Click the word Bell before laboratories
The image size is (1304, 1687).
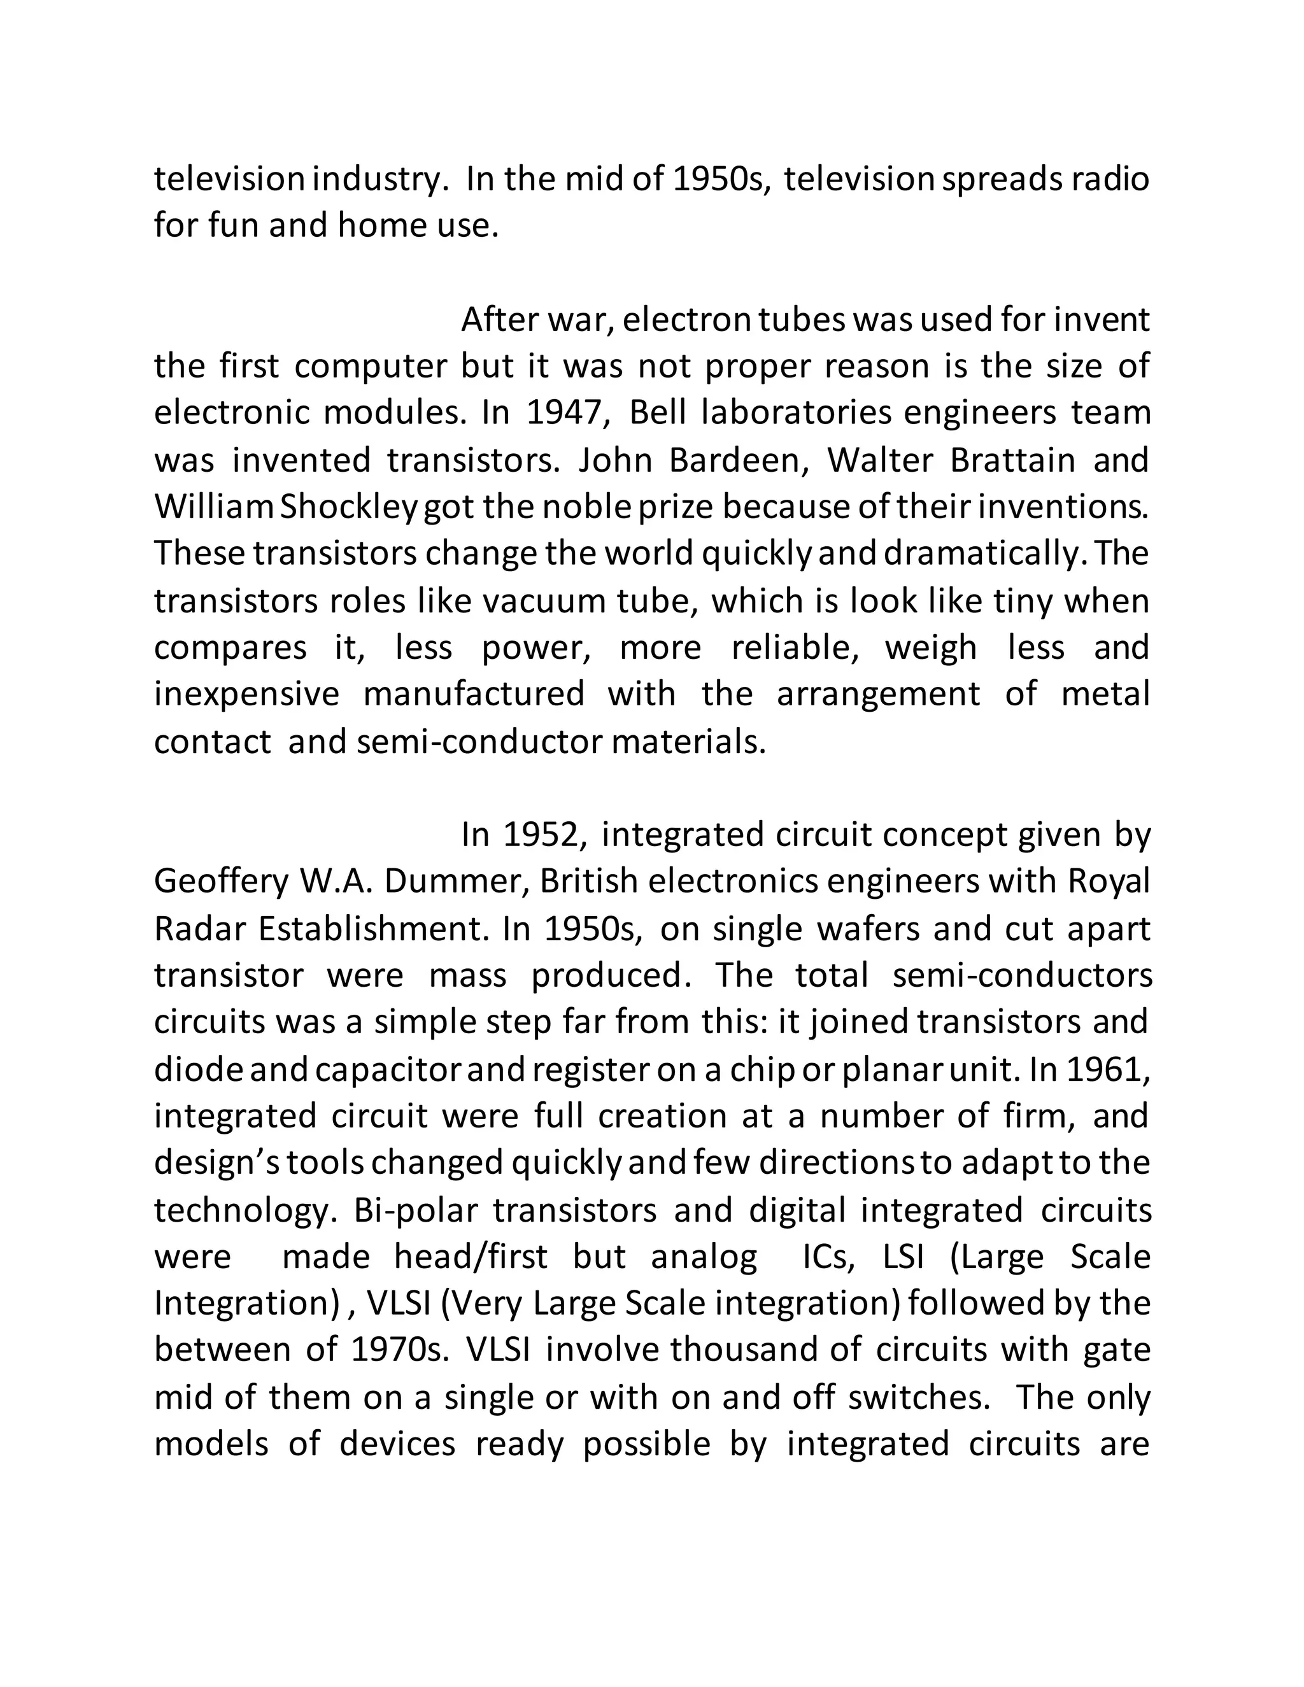657,413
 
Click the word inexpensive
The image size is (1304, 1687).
246,694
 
